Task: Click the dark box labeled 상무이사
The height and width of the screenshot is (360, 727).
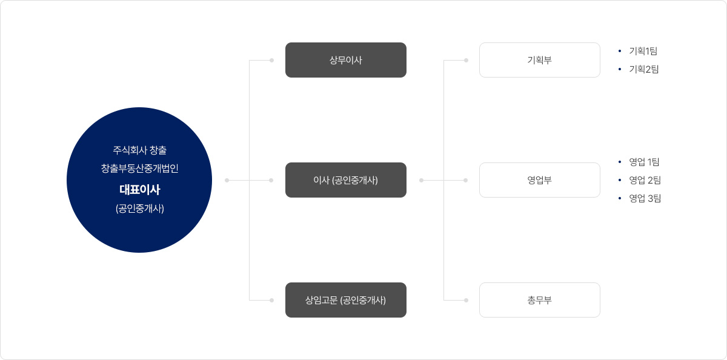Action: (x=345, y=60)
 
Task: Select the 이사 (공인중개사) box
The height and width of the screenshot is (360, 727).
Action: (x=345, y=180)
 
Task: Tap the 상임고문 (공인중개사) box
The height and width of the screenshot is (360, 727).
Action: (x=345, y=300)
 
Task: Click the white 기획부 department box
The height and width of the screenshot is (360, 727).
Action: (x=539, y=60)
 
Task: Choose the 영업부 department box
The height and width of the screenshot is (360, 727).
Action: (x=539, y=180)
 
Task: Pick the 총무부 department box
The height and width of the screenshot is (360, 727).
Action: (x=539, y=300)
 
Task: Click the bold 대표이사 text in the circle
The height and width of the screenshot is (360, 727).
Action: (x=139, y=190)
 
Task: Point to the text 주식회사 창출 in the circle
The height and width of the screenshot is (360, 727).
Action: (x=139, y=150)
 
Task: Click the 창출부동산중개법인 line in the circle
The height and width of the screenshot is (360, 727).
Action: (x=139, y=169)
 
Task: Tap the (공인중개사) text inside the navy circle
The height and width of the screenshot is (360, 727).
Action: (x=139, y=209)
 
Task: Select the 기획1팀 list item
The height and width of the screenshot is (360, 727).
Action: (x=643, y=51)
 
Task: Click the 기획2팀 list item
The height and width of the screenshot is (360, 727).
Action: (x=644, y=69)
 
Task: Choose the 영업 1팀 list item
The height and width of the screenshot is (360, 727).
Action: (x=644, y=162)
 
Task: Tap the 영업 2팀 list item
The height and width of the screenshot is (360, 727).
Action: (x=645, y=180)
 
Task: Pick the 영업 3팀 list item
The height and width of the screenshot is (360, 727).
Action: (x=645, y=198)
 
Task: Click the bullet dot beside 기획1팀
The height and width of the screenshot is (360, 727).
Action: (x=620, y=51)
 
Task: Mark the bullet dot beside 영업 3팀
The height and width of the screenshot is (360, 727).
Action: (x=620, y=198)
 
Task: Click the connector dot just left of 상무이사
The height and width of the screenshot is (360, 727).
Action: (x=271, y=60)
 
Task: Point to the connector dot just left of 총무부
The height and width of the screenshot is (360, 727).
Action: (x=466, y=300)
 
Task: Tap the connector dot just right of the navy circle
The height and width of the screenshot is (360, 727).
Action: (x=227, y=180)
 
